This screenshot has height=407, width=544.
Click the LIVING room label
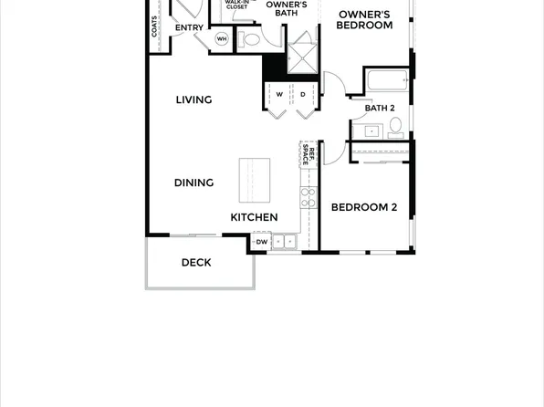194,100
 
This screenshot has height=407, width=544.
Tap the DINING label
194,183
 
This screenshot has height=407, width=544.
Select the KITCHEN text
254,217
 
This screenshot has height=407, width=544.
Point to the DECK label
196,263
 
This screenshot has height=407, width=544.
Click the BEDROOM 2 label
363,207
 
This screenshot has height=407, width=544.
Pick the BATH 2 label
380,109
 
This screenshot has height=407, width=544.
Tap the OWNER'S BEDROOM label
364,20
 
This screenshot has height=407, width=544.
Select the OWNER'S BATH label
287,8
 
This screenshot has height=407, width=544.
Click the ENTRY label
189,28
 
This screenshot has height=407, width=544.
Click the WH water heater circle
222,38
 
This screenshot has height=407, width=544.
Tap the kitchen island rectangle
255,180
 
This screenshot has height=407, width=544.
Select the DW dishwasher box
261,242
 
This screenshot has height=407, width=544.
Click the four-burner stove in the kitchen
308,195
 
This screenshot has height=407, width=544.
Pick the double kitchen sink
284,242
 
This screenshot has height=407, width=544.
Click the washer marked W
278,95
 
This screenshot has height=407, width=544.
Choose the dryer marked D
302,95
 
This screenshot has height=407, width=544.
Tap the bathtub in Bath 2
388,80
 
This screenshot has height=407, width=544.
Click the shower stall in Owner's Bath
302,50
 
